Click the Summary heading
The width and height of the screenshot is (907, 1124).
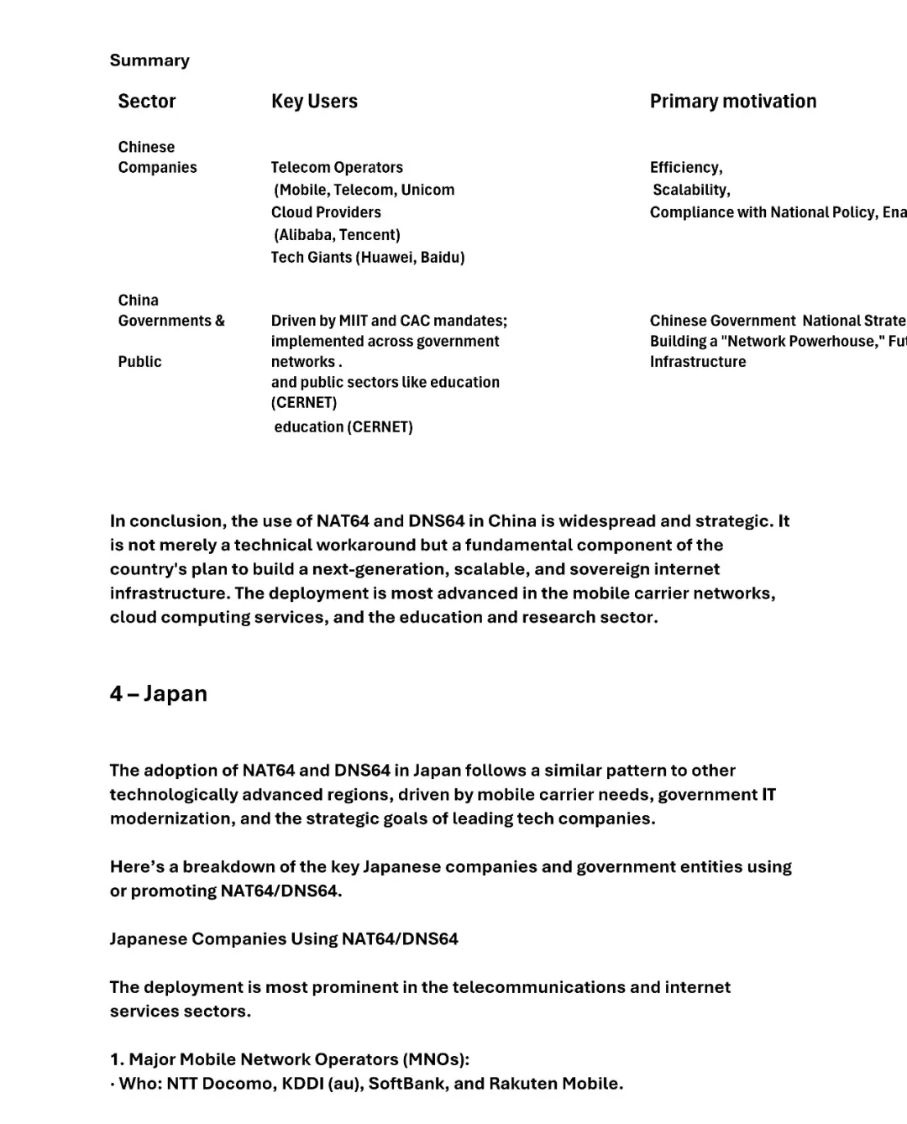[149, 60]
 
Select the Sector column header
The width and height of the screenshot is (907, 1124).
[147, 102]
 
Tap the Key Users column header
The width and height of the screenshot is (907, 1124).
[314, 102]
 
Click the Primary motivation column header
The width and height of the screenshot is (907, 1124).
[732, 102]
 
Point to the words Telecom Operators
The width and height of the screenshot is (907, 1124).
[337, 168]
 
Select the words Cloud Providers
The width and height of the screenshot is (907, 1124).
[326, 212]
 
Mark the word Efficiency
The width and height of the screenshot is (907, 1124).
[684, 168]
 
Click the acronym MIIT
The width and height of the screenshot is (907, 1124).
[353, 321]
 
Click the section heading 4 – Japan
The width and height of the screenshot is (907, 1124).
[158, 694]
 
